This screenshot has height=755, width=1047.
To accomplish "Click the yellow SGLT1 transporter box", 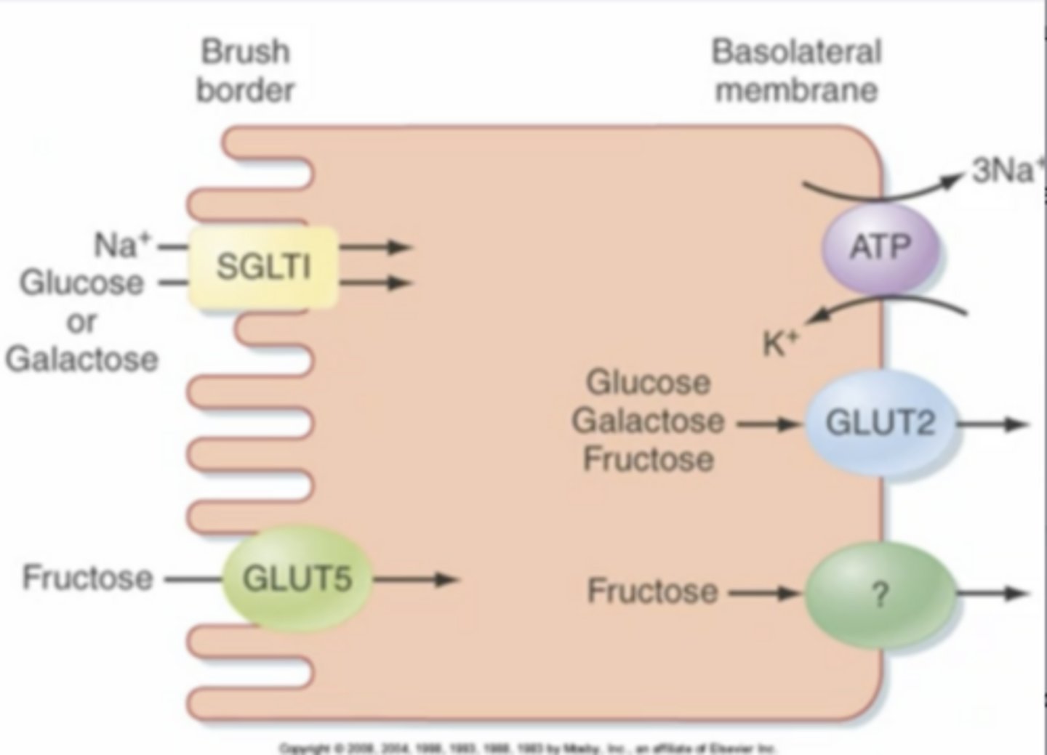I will [263, 267].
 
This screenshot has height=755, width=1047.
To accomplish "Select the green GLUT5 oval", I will [296, 578].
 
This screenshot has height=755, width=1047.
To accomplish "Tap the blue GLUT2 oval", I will [880, 423].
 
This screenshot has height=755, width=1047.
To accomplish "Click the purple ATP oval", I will [880, 248].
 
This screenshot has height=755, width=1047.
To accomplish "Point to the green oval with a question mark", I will [880, 595].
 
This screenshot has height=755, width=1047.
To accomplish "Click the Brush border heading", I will [245, 71].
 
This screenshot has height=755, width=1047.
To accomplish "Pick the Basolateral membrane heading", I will [796, 71].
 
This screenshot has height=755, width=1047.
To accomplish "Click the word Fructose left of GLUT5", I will [88, 578].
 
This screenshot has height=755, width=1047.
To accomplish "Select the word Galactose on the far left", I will [81, 359].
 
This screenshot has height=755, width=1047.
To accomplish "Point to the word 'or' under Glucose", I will [81, 321].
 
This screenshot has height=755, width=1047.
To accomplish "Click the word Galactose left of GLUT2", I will [648, 421].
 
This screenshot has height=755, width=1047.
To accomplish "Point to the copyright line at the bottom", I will [529, 747].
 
